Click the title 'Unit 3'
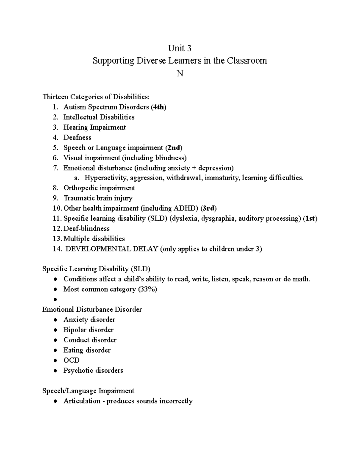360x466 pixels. click(x=179, y=48)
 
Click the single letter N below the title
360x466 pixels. click(x=180, y=73)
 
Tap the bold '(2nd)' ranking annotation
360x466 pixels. click(x=173, y=148)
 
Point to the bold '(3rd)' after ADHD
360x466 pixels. click(x=208, y=208)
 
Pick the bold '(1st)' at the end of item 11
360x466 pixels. click(x=310, y=218)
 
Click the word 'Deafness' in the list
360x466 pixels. click(x=77, y=137)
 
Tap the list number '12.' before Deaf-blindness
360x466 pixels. click(x=57, y=229)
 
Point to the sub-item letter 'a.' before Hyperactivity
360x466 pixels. click(x=77, y=178)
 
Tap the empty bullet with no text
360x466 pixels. click(x=55, y=299)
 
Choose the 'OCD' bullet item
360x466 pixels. click(x=71, y=360)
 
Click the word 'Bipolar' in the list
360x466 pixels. click(x=74, y=330)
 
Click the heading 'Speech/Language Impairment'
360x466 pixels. click(x=88, y=391)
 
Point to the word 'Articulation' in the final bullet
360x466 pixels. click(x=82, y=401)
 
